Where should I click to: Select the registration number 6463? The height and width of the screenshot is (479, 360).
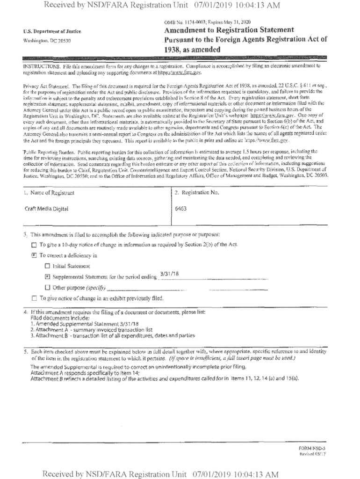[180, 208]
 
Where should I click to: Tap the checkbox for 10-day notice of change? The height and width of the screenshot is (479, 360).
[33, 245]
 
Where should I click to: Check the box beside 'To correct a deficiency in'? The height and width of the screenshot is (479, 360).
[33, 255]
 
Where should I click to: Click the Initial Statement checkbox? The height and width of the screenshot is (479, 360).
[47, 266]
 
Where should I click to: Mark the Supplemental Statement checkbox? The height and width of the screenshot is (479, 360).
[47, 277]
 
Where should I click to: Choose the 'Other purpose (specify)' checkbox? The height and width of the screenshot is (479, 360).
[47, 287]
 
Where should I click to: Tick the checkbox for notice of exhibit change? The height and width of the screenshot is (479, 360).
[33, 298]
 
